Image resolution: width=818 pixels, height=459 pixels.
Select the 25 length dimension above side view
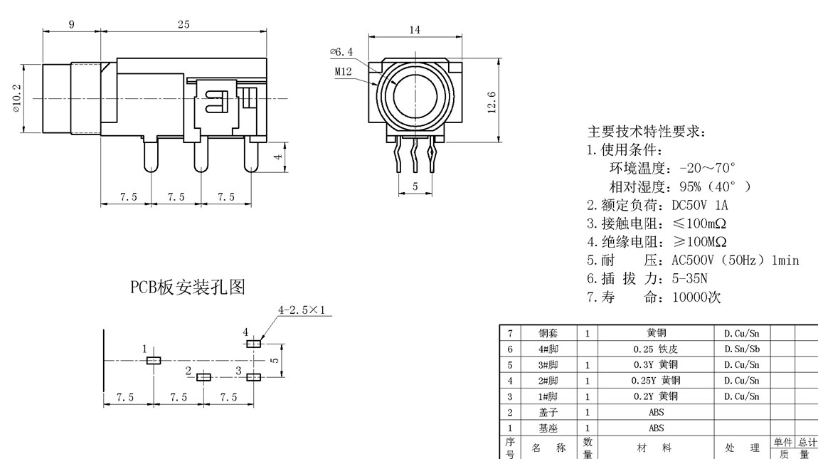tap(184, 25)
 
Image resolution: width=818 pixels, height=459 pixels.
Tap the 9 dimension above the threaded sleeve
tap(71, 25)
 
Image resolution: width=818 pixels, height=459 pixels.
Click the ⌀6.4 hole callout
tap(341, 52)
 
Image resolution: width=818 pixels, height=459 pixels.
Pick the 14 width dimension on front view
tap(415, 29)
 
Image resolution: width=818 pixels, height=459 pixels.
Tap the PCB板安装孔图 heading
tap(187, 287)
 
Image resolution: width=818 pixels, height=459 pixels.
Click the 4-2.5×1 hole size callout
tap(305, 310)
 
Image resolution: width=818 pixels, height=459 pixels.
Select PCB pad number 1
tap(154, 360)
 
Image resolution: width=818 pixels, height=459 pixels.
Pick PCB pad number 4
tap(253, 343)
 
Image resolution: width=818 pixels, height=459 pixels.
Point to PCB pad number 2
tap(203, 376)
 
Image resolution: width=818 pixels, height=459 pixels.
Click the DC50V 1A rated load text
tap(700, 206)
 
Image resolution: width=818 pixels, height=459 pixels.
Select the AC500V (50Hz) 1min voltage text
tap(735, 260)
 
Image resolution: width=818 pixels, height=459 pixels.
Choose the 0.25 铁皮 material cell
tap(656, 349)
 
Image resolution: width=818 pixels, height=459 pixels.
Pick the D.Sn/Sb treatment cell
tap(742, 349)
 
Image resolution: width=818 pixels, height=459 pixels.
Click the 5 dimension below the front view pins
tap(415, 187)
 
